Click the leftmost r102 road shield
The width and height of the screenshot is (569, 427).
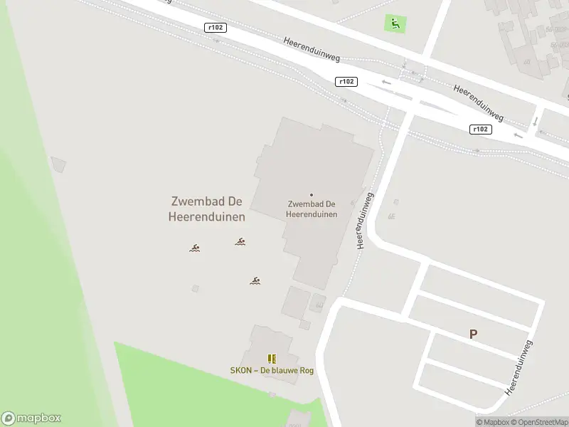(215, 28)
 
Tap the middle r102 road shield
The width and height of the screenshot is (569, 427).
(346, 82)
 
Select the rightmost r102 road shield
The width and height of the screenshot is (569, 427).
(481, 129)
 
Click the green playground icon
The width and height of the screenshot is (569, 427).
(394, 23)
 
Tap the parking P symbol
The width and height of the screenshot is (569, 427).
(474, 333)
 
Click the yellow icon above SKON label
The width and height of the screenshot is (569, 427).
(271, 359)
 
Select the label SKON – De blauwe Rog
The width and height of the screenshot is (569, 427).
(271, 370)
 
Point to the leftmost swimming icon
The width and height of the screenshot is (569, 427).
(194, 248)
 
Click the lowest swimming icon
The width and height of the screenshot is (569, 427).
(255, 280)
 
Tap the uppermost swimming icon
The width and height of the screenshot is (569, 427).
(240, 242)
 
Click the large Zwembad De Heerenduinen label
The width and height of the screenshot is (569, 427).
(207, 209)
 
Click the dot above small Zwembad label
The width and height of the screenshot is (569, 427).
(311, 194)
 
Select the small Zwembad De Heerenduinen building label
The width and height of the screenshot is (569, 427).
(311, 209)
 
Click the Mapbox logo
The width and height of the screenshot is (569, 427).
(31, 418)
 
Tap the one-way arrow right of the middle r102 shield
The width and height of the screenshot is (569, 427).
(386, 82)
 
